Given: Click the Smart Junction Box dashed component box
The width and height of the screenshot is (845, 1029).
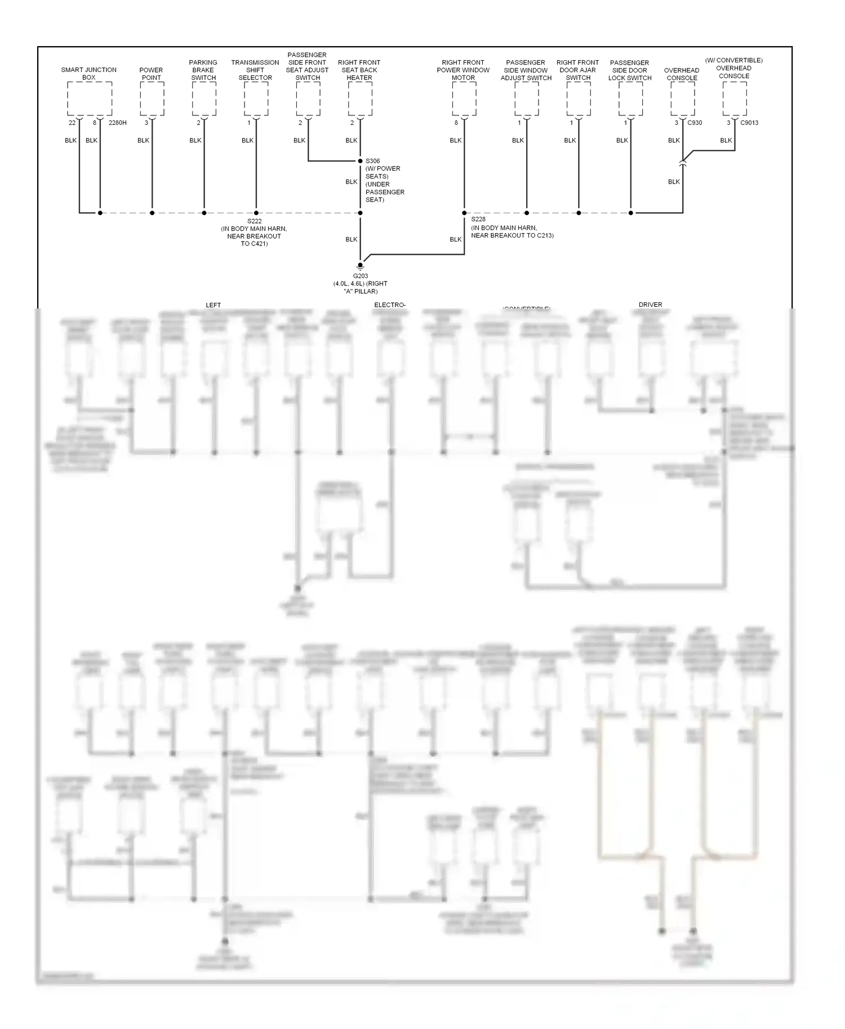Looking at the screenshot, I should (90, 99).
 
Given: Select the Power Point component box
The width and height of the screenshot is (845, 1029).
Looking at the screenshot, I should (152, 99).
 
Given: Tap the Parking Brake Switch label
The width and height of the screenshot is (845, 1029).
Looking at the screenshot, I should (203, 70).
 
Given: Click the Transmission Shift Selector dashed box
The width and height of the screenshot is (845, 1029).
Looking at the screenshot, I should (256, 99).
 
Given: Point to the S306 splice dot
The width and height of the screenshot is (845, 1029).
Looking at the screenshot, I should (361, 161).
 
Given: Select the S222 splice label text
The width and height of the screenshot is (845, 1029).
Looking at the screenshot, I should (254, 221).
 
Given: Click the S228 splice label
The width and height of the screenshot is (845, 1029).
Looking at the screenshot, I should (478, 219).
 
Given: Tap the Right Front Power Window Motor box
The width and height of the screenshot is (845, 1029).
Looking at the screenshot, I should (464, 99).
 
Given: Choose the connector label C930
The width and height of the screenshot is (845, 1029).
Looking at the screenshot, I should (695, 123).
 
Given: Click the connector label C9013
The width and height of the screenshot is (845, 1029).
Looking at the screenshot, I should (749, 123).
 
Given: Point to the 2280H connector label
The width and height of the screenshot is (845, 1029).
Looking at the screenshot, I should (118, 123).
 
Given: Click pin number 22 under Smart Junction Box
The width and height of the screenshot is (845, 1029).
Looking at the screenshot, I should (72, 123).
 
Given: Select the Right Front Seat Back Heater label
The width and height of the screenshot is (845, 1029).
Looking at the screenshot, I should (359, 70).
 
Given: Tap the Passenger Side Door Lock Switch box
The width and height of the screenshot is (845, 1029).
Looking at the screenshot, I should (630, 99).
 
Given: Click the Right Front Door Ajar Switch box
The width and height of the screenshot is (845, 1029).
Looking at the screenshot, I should (579, 99).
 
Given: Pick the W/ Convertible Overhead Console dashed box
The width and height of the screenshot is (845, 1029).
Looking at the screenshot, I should (735, 99).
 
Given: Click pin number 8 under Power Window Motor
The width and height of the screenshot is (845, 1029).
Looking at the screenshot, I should (456, 123).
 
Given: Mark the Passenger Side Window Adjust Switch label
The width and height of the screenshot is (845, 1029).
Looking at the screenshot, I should (526, 70).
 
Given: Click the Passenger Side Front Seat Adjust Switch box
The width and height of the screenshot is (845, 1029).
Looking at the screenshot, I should (308, 99).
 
